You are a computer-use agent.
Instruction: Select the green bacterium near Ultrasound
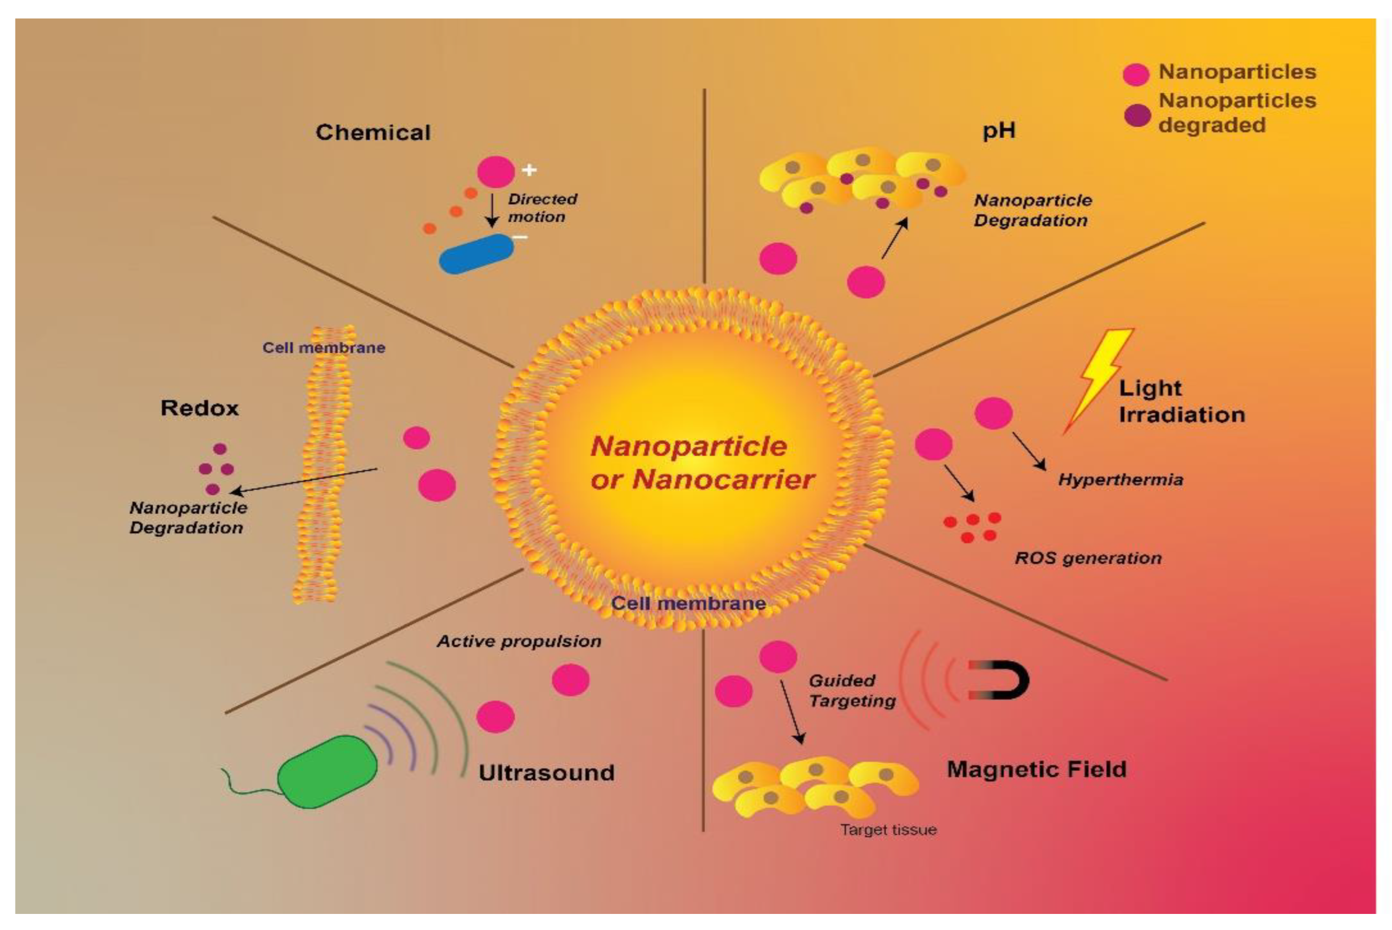[x=328, y=771]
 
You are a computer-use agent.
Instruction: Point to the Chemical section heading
[x=373, y=132]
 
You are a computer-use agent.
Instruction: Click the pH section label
[x=999, y=131]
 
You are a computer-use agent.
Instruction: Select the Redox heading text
[x=199, y=408]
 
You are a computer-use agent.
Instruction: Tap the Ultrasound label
[x=546, y=772]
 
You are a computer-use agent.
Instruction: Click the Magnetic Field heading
[x=1036, y=769]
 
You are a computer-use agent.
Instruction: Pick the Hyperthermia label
[x=1121, y=479]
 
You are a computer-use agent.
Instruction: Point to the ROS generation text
[x=1088, y=557]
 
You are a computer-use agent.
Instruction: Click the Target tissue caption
[x=888, y=829]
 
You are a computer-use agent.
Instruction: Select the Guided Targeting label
[x=852, y=690]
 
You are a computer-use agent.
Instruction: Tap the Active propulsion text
[x=519, y=641]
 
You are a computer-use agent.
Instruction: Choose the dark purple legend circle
[x=1137, y=115]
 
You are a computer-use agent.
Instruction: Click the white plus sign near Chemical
[x=529, y=170]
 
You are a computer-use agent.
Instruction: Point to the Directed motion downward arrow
[x=491, y=210]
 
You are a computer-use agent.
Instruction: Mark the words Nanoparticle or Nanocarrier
[x=702, y=463]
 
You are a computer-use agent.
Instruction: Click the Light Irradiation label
[x=1181, y=401]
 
